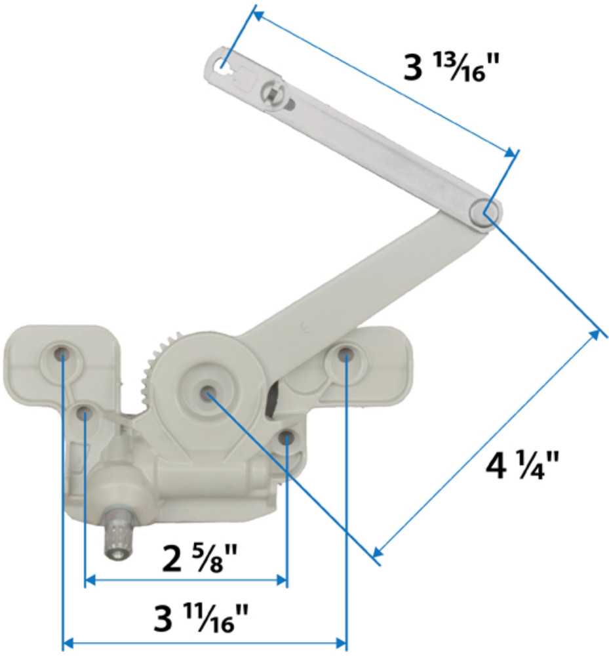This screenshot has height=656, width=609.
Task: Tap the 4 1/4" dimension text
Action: click(522, 467)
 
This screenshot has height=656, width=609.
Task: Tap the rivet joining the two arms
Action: click(485, 212)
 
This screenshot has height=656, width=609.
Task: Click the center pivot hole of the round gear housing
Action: click(206, 393)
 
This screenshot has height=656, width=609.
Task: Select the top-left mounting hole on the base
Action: click(62, 354)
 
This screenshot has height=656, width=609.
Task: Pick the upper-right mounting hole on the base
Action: click(345, 356)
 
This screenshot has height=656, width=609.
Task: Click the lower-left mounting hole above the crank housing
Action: click(85, 414)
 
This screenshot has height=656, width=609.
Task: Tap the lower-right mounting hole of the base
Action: click(286, 438)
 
